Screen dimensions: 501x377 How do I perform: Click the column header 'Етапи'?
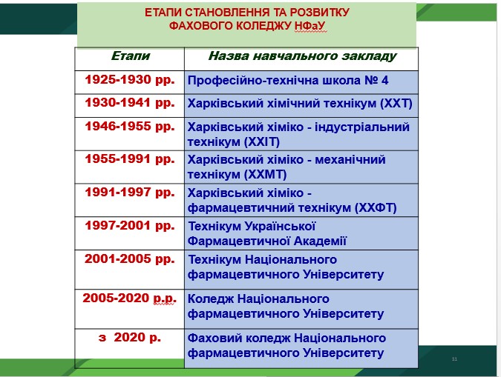[131, 56]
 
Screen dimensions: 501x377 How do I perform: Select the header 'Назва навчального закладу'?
[302, 56]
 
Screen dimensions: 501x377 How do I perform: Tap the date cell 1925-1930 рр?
[130, 80]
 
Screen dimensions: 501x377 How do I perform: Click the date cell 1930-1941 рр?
[130, 103]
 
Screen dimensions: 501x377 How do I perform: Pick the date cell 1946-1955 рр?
[130, 127]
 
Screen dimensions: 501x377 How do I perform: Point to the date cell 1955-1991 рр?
[130, 159]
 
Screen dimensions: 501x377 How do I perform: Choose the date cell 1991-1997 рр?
[130, 193]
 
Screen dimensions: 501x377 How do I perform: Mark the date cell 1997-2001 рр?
[130, 226]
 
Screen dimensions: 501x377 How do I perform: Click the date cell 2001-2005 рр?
[130, 259]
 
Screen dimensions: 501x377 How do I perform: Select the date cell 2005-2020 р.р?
[129, 298]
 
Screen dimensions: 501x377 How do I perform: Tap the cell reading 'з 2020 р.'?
[130, 337]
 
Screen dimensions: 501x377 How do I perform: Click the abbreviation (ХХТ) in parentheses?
[396, 104]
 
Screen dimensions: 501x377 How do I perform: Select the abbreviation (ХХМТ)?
[265, 174]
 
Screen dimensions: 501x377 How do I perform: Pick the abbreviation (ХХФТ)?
[376, 208]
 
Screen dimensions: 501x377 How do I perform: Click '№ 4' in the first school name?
[376, 80]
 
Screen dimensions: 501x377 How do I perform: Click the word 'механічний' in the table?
[350, 159]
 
